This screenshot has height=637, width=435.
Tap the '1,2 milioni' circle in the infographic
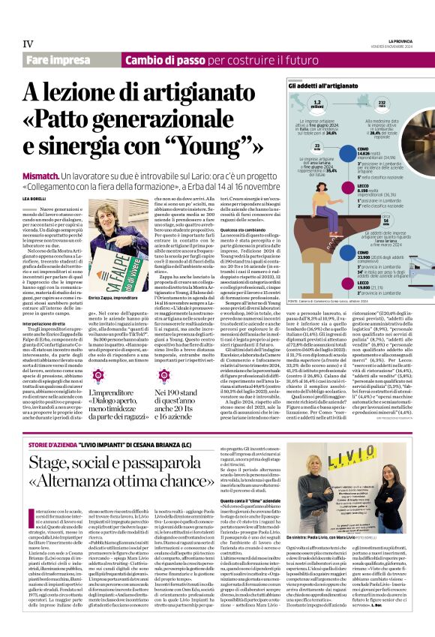click(318, 104)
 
